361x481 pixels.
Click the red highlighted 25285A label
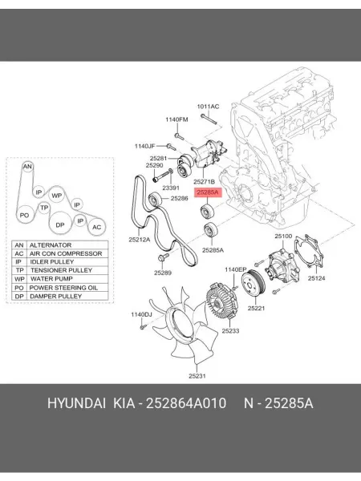pos(207,192)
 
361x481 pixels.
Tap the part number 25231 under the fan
pos(197,376)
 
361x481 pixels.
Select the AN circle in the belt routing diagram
pos(27,166)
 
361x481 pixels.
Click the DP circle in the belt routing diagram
pos(60,224)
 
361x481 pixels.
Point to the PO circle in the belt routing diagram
pos(24,216)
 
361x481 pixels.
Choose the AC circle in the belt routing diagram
pos(96,227)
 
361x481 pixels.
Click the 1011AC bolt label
pos(208,107)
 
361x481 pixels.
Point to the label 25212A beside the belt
pos(140,240)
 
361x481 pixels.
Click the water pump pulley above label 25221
pos(253,284)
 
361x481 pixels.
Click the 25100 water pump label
pos(283,236)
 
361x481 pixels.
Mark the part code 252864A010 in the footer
pos(186,403)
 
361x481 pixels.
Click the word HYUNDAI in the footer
pos(76,403)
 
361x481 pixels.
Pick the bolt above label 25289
pos(162,257)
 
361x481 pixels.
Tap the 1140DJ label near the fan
pos(141,314)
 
